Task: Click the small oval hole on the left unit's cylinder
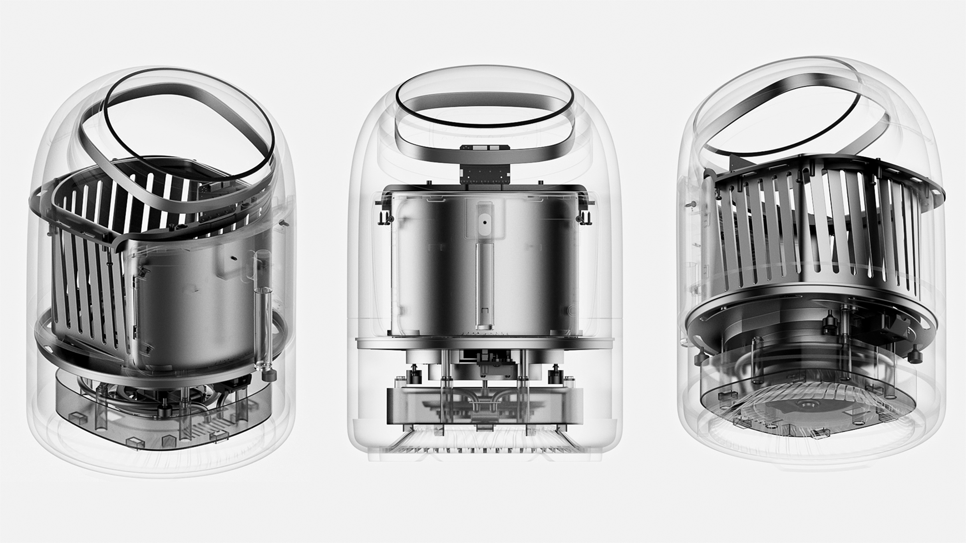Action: (233, 257)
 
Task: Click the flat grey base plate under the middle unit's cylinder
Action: (485, 343)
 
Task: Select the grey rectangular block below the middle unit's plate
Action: (485, 407)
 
